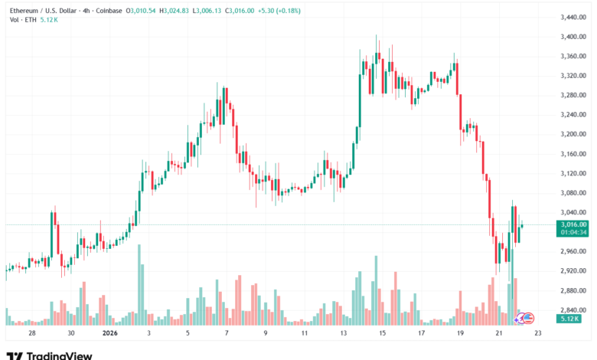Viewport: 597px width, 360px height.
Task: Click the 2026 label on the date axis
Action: [x=109, y=334]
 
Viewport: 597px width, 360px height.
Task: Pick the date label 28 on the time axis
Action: [x=31, y=334]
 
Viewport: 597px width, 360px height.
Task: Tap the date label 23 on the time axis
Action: [x=538, y=334]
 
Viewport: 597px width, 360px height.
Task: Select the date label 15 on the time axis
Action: [x=382, y=334]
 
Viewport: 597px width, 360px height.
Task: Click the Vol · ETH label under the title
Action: [x=20, y=19]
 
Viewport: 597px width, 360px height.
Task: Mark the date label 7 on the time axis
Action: [x=226, y=334]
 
